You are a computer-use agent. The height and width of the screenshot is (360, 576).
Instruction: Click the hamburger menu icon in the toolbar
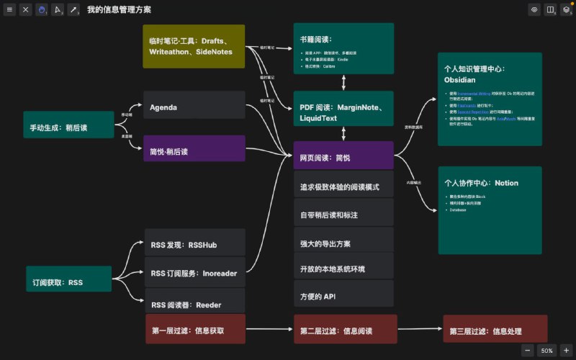(x=10, y=10)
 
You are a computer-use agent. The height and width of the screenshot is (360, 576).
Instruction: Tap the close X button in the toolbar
(x=26, y=10)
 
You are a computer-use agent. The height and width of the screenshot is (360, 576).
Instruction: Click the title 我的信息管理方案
(x=119, y=10)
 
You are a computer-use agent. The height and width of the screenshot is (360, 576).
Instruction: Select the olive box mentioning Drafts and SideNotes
(x=194, y=46)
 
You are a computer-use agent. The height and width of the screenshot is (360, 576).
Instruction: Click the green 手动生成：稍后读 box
(x=68, y=125)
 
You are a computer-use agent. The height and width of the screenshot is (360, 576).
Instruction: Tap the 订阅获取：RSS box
(x=68, y=279)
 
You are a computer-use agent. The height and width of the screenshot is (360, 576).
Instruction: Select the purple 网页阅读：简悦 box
(x=343, y=155)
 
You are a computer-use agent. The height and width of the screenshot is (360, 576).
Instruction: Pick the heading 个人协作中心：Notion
(x=482, y=183)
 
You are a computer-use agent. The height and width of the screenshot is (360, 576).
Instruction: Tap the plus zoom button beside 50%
(x=566, y=350)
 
